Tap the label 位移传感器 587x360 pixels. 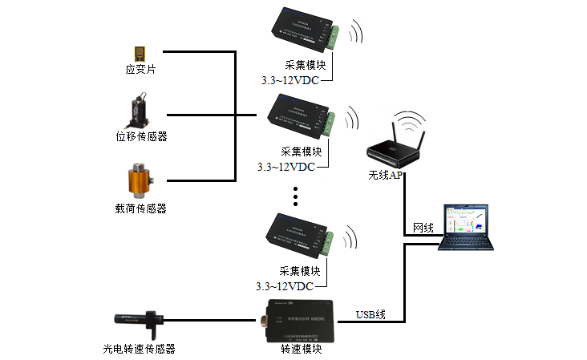[x=141, y=136]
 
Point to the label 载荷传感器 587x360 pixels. [x=141, y=208]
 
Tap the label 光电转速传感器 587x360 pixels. [x=139, y=348]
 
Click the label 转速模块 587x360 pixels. [x=302, y=349]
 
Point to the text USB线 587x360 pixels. [x=370, y=314]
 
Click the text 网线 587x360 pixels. [x=423, y=229]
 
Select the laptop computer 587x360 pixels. [x=472, y=227]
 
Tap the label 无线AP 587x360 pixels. [x=386, y=175]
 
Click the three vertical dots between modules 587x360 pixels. [x=296, y=196]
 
